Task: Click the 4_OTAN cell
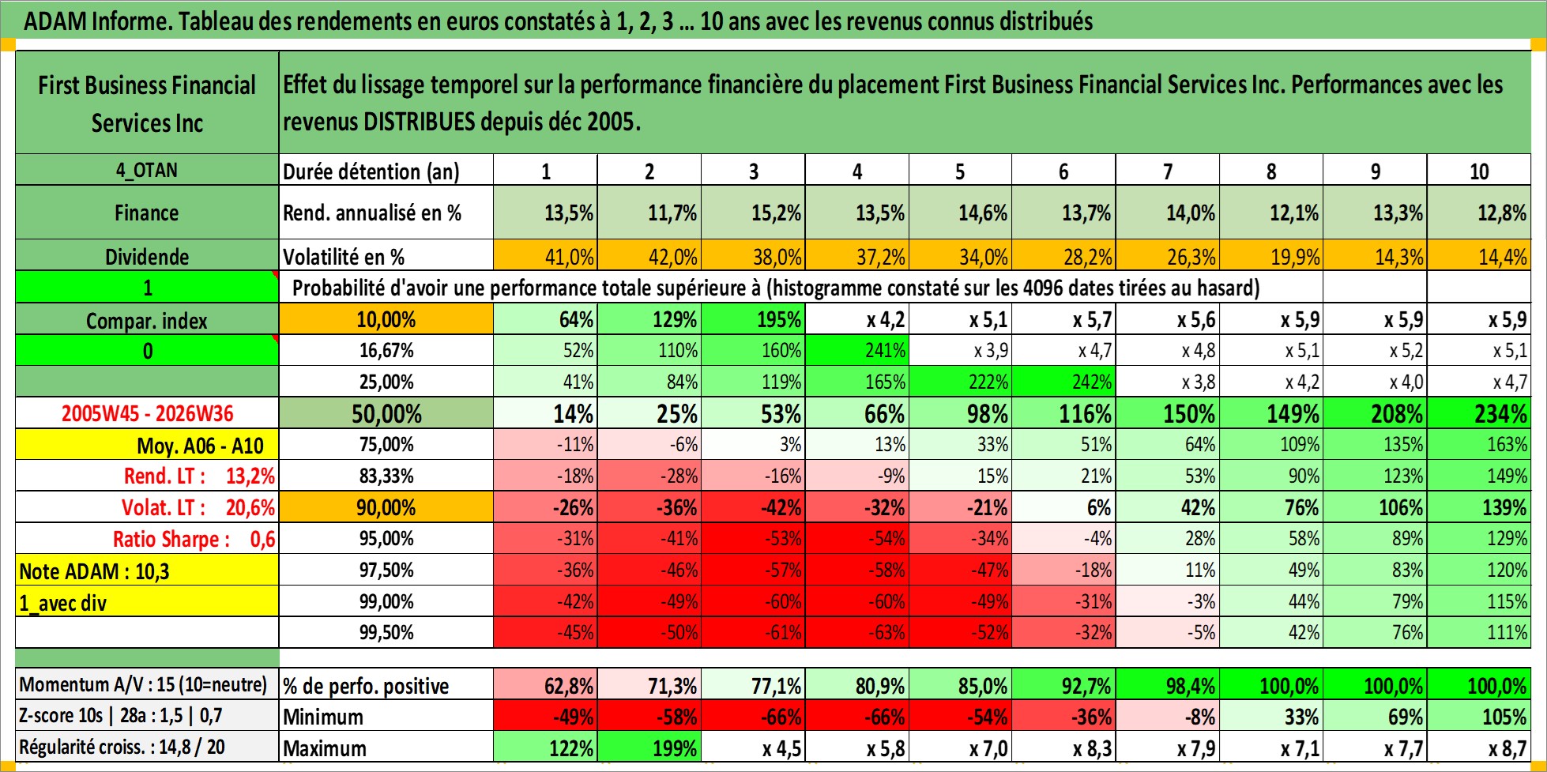point(147,170)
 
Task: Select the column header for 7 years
point(1168,171)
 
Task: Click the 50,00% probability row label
point(386,413)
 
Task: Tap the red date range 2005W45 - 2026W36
point(147,413)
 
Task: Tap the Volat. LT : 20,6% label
point(198,507)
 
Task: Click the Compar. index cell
point(147,320)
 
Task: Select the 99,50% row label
point(386,632)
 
